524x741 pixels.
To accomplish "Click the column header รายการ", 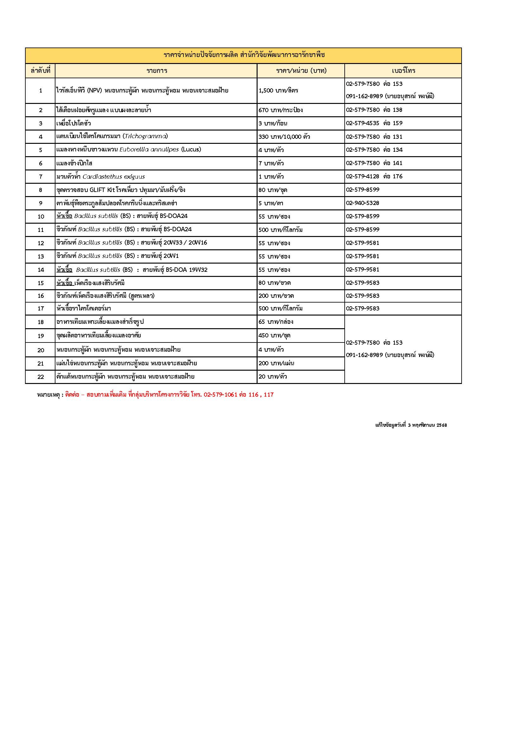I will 157,71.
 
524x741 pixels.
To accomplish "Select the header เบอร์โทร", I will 403,71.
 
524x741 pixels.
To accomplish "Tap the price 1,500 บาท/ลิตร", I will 278,91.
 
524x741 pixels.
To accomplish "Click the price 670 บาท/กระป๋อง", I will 280,110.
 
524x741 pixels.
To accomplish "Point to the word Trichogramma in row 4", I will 145,136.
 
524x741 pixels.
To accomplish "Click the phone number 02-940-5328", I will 362,203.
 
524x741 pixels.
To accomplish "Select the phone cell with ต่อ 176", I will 374,176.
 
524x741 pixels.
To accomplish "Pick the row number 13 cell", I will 41,257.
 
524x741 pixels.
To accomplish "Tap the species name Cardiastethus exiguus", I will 114,177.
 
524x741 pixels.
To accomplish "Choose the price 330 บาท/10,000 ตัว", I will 284,137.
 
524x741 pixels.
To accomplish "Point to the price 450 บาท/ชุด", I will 274,335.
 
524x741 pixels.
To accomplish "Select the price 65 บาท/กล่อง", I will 276,322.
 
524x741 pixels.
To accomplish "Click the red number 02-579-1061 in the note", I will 220,395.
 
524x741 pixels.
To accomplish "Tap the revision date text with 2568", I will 411,425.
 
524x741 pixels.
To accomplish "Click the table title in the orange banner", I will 244,55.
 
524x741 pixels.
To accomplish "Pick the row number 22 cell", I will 41,377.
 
